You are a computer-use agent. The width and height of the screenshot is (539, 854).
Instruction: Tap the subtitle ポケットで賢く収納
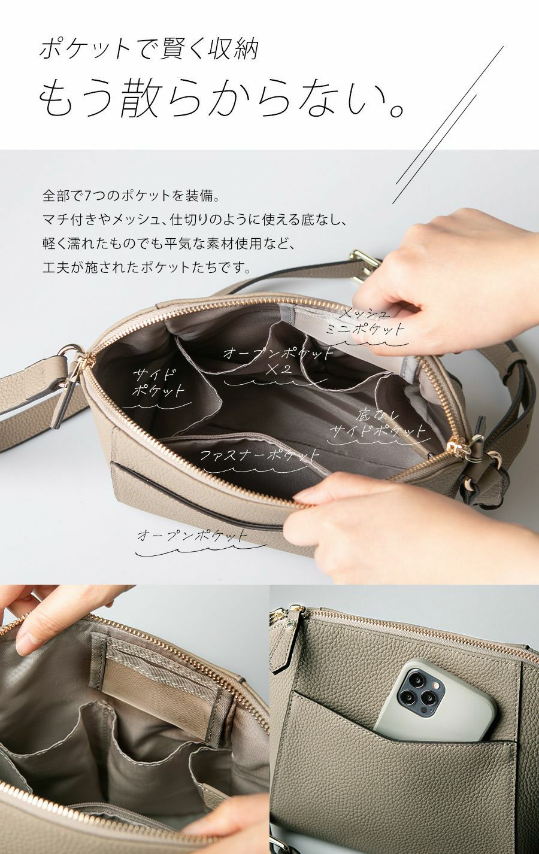tap(149, 49)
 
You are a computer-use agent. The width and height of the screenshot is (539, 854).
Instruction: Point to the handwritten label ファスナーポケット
tap(260, 455)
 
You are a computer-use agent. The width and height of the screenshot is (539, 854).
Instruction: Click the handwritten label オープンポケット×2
tap(278, 361)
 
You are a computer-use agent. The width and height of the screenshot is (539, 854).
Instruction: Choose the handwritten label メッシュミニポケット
tap(365, 322)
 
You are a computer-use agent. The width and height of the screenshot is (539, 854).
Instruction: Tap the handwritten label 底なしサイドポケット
tap(378, 424)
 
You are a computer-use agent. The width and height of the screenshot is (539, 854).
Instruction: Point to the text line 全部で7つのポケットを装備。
tap(132, 196)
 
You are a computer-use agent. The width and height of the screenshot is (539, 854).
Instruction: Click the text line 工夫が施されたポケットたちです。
tap(147, 268)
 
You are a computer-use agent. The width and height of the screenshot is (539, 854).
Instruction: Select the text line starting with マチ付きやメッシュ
tap(194, 220)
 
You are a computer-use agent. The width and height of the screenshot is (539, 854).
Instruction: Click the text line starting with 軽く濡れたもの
tap(169, 244)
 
